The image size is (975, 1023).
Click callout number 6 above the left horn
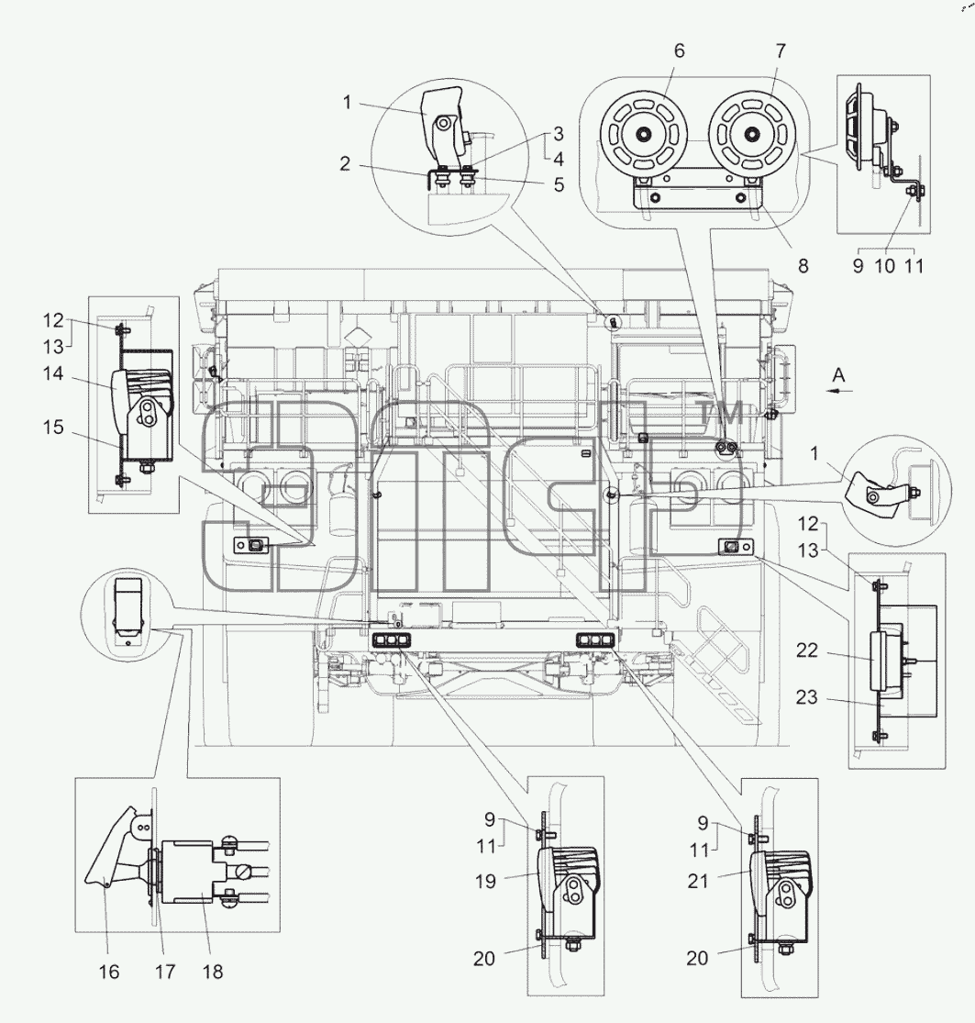679,50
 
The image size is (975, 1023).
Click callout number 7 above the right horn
781,50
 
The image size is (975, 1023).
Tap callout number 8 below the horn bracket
803,265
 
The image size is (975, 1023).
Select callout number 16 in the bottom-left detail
109,972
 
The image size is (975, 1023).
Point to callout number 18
213,972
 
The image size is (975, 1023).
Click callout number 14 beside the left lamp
53,373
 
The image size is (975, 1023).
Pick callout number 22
807,650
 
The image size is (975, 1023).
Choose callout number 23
807,696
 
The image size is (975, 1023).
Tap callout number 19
485,882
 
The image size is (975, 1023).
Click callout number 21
698,881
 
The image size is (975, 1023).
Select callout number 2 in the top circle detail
345,163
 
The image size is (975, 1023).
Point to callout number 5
559,184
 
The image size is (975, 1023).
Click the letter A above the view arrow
838,374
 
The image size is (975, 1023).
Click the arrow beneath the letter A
838,391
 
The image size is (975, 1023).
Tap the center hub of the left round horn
644,134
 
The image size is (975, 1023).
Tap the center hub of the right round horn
752,134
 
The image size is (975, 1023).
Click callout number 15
53,428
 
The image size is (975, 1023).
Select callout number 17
165,972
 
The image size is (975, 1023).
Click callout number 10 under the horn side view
885,265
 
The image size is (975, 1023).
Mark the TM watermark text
721,413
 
